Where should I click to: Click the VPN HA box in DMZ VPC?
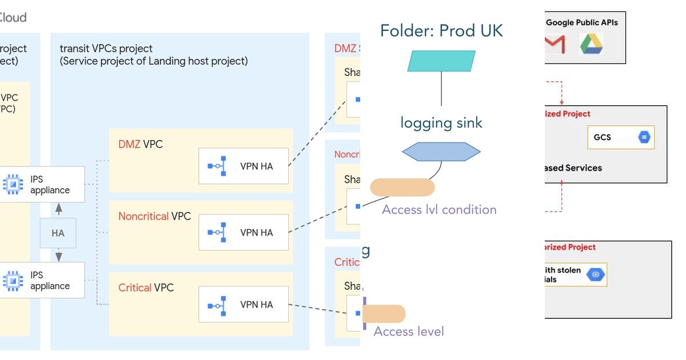pyautogui.click(x=244, y=166)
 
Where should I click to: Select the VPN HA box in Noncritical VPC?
pyautogui.click(x=244, y=233)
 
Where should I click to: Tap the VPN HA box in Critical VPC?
pyautogui.click(x=244, y=305)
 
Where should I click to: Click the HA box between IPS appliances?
pyautogui.click(x=58, y=233)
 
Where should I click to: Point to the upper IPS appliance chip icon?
pyautogui.click(x=13, y=184)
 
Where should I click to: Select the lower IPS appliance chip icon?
pyautogui.click(x=13, y=280)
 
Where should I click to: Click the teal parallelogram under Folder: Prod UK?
pyautogui.click(x=441, y=61)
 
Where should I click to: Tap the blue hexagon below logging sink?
pyautogui.click(x=441, y=152)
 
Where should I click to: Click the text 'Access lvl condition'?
pyautogui.click(x=439, y=210)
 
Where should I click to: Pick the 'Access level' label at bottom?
pyautogui.click(x=409, y=331)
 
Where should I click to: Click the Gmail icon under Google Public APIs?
pyautogui.click(x=555, y=44)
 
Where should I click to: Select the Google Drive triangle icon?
pyautogui.click(x=592, y=44)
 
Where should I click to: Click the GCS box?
pyautogui.click(x=621, y=138)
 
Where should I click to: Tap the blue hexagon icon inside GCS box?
pyautogui.click(x=644, y=138)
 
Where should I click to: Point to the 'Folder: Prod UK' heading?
pyautogui.click(x=441, y=30)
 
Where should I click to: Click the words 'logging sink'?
pyautogui.click(x=441, y=123)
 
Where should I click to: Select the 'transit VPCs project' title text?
pyautogui.click(x=106, y=49)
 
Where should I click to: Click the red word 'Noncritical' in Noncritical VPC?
pyautogui.click(x=143, y=217)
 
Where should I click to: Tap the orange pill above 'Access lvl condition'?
pyautogui.click(x=402, y=187)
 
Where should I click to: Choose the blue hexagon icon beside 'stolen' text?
pyautogui.click(x=596, y=275)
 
